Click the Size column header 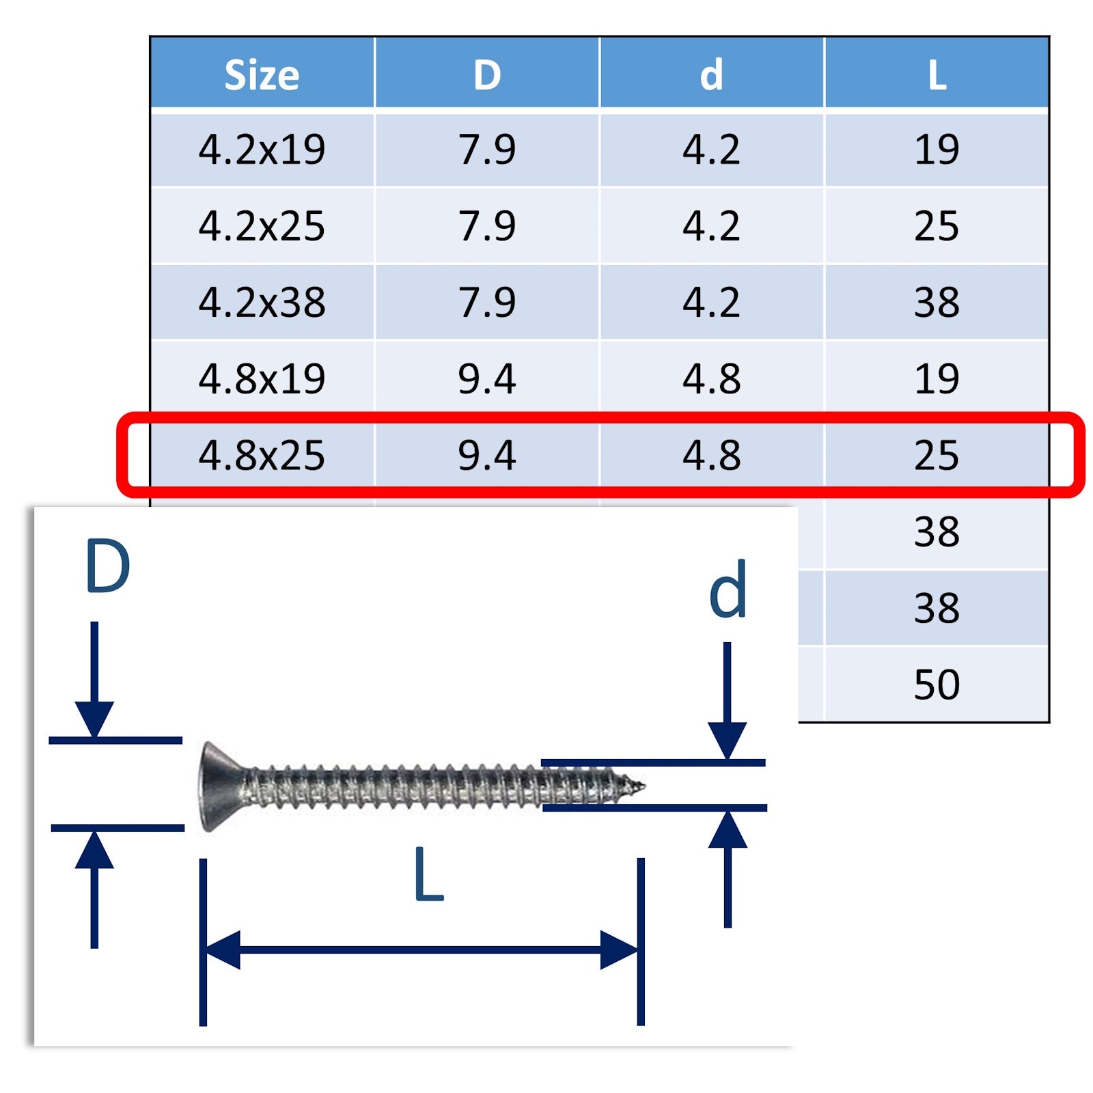(x=262, y=74)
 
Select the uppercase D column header (x=487, y=74)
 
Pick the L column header (x=937, y=75)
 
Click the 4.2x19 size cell (x=262, y=150)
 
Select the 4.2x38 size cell (x=262, y=303)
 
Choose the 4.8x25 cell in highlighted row (x=262, y=456)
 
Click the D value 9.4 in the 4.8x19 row (x=487, y=379)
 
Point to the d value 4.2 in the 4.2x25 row (x=711, y=226)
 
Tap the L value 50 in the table (x=937, y=684)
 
